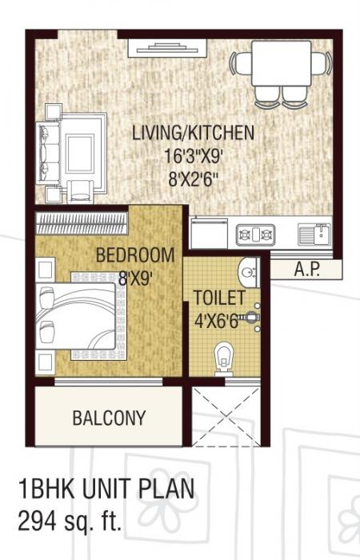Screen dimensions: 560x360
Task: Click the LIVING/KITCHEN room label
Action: pos(193,133)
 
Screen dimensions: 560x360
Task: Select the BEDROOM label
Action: pos(134,256)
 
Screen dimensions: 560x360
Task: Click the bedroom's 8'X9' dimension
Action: pos(135,279)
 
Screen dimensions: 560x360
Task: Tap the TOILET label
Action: pos(218,298)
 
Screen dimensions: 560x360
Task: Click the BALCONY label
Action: pos(109,418)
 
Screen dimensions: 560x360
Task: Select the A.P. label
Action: pos(306,270)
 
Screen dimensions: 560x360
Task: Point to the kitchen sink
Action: pos(314,234)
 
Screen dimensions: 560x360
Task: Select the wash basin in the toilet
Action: pos(250,274)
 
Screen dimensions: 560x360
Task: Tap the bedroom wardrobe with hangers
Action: pos(82,219)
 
